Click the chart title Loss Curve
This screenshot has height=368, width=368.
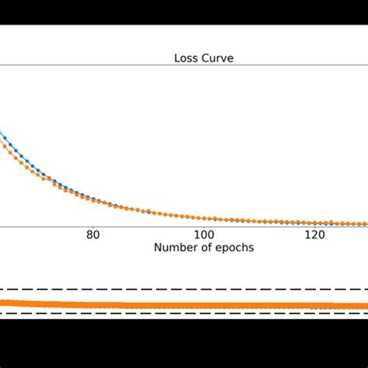click(203, 57)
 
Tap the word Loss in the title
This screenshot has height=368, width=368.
click(186, 57)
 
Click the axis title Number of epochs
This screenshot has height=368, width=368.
click(203, 248)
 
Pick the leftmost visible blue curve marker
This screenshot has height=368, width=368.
click(2, 137)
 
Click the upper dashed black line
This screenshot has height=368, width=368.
click(184, 290)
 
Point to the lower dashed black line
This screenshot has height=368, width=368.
click(184, 314)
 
